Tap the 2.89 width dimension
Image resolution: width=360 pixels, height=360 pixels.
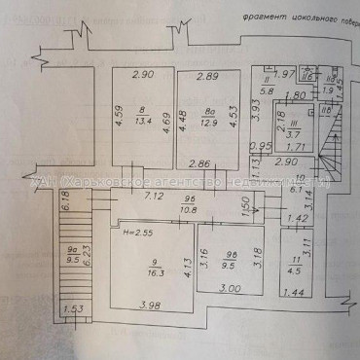pos(207,75)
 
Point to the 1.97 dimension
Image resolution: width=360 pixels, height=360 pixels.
pos(283,75)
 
